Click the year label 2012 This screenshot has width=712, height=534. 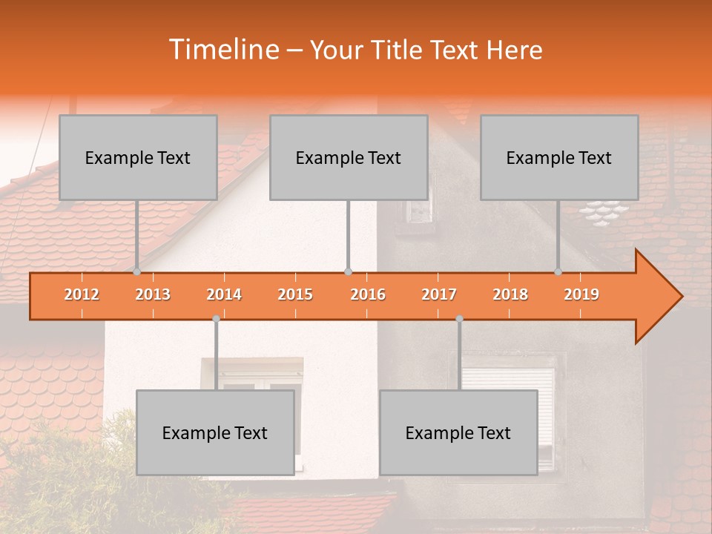82,294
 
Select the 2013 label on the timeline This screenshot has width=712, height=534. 153,294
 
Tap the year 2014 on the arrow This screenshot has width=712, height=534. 224,294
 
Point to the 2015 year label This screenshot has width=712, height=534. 295,294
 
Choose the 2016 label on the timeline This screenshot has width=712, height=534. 368,294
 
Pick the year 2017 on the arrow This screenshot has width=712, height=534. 439,294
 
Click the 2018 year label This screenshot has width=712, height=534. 510,294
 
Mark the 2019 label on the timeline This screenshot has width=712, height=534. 581,294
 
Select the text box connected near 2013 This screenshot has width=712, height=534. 138,157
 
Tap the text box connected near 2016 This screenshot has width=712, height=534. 349,157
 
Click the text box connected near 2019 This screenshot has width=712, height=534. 559,157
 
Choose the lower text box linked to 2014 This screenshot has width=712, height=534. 215,432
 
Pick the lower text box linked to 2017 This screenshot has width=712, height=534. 458,432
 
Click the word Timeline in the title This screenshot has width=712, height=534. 222,50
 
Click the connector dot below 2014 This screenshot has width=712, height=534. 216,319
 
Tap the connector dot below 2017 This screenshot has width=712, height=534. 459,319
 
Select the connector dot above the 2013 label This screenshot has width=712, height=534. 137,271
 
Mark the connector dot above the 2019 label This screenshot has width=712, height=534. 558,271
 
